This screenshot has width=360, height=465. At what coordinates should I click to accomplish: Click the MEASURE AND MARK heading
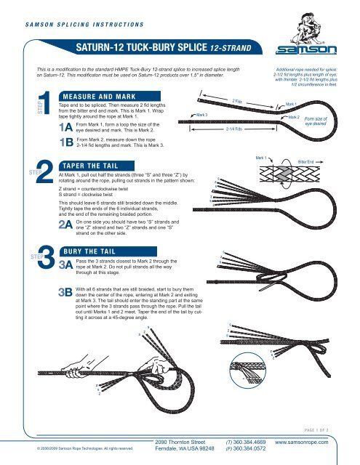(98, 94)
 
